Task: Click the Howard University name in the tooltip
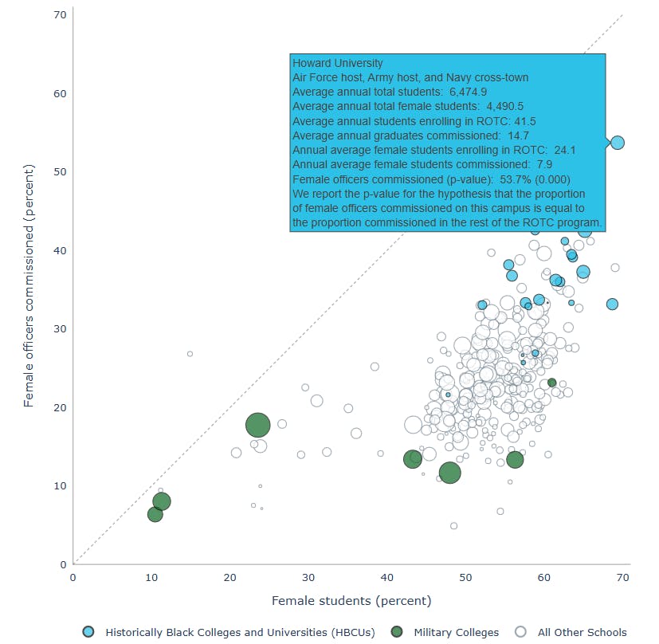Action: [x=338, y=63]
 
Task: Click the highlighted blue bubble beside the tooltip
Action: [x=618, y=143]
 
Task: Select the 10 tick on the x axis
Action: [x=151, y=577]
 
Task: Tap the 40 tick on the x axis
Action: [x=387, y=577]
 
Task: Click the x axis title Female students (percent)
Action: [x=351, y=600]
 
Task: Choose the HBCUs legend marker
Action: [x=88, y=632]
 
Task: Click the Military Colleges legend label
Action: [x=456, y=632]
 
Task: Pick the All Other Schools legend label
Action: [x=582, y=632]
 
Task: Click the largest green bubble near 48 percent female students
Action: [x=449, y=473]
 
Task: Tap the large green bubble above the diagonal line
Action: [x=257, y=425]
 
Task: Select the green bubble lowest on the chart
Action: [x=155, y=514]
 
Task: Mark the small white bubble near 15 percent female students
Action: [x=190, y=353]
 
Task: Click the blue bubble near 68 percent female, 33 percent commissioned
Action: [x=612, y=304]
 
